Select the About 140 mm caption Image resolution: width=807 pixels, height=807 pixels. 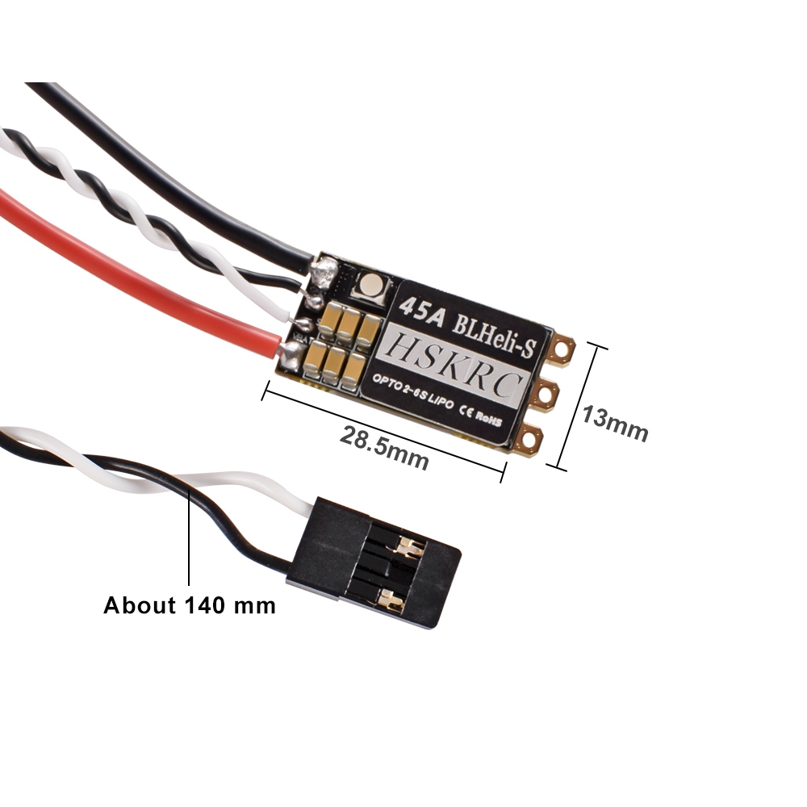(x=190, y=604)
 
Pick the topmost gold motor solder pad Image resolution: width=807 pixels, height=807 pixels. (x=560, y=349)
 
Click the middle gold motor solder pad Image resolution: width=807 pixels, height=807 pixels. (x=548, y=395)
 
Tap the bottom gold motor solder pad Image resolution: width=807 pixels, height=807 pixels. (x=530, y=441)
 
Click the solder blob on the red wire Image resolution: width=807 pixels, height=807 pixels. (x=290, y=349)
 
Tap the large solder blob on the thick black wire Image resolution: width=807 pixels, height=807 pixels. (x=325, y=273)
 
